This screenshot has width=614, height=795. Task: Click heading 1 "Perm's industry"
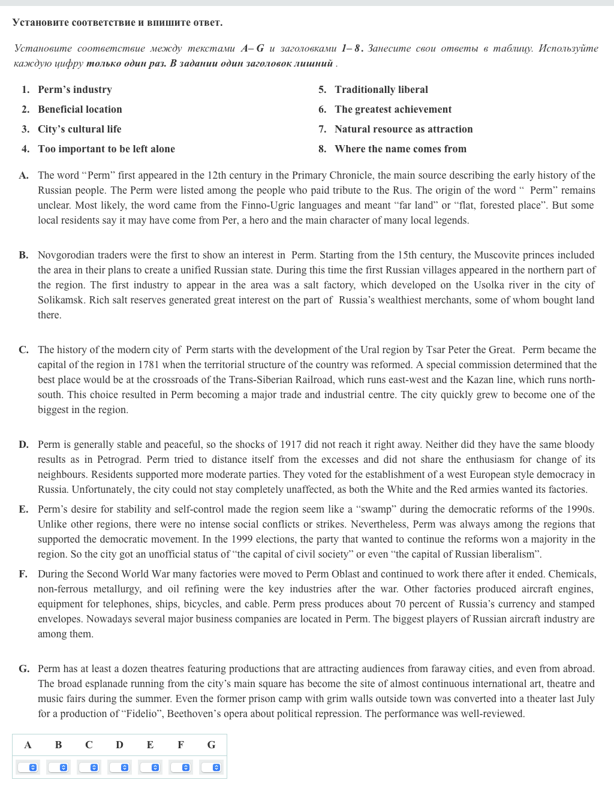(x=74, y=89)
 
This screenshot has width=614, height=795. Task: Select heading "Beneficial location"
(x=80, y=109)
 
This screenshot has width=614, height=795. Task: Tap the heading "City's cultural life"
(x=79, y=129)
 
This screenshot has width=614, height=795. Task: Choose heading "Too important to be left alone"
(x=106, y=149)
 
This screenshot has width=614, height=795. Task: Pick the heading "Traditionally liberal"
(x=381, y=89)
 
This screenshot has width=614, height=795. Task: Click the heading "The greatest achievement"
(x=393, y=109)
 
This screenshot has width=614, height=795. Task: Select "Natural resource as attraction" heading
(x=403, y=129)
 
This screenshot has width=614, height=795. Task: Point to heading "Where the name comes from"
(x=400, y=149)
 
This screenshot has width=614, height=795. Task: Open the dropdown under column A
(x=28, y=767)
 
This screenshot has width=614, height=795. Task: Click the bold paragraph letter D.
(x=23, y=444)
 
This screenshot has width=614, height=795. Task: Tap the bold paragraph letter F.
(x=23, y=574)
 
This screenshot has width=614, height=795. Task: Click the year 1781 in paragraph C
(x=148, y=365)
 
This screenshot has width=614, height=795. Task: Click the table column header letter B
(x=58, y=745)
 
